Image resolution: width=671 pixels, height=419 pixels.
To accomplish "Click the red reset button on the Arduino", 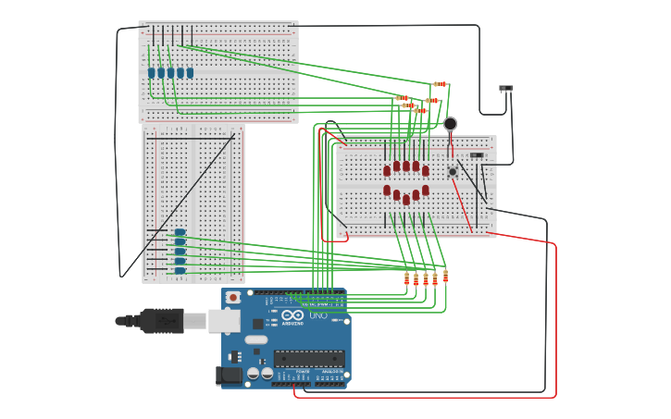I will pyautogui.click(x=233, y=297).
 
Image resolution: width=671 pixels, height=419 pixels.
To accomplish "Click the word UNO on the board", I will pyautogui.click(x=317, y=315).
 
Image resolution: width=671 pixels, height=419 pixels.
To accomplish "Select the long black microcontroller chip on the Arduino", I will pyautogui.click(x=309, y=358).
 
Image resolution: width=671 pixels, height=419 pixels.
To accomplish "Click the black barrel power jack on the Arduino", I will pyautogui.click(x=228, y=375).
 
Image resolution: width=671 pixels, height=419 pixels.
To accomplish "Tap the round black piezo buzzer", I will pyautogui.click(x=450, y=124).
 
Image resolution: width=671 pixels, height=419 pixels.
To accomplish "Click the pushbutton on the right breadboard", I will pyautogui.click(x=453, y=171).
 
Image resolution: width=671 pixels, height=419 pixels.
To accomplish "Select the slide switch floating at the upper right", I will pyautogui.click(x=505, y=89).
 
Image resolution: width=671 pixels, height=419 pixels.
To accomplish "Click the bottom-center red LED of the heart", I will pyautogui.click(x=406, y=199).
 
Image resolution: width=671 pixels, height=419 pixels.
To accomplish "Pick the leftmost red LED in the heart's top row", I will pyautogui.click(x=387, y=170).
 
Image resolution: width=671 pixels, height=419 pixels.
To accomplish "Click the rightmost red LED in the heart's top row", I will pyautogui.click(x=426, y=170).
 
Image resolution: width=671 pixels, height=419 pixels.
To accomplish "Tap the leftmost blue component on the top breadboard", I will pyautogui.click(x=151, y=73).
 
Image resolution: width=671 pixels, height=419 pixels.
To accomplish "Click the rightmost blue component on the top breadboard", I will pyautogui.click(x=190, y=73).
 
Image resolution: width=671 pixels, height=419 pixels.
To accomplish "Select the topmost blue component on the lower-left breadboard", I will pyautogui.click(x=180, y=233).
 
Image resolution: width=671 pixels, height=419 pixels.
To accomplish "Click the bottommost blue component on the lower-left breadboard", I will pyautogui.click(x=180, y=270).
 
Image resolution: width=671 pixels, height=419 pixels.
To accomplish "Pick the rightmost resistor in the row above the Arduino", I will pyautogui.click(x=445, y=276).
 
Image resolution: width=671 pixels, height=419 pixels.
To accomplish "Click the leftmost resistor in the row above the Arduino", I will pyautogui.click(x=406, y=278).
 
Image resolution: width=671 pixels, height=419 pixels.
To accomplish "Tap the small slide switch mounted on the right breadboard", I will pyautogui.click(x=477, y=155).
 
